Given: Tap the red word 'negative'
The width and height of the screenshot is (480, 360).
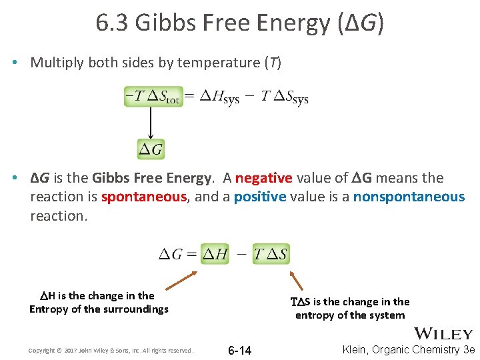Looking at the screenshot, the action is point(263,178).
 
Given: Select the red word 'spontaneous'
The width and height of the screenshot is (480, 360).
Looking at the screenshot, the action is point(143,197).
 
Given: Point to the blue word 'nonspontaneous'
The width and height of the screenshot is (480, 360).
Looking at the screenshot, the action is point(409,197).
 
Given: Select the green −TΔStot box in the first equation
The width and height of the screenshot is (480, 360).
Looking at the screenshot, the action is point(152,97).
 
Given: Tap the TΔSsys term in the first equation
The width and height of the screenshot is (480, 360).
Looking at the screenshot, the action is point(285,97).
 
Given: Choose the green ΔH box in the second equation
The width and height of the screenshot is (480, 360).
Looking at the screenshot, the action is point(215,254).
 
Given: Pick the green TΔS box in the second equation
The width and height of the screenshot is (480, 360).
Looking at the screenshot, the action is point(271,254).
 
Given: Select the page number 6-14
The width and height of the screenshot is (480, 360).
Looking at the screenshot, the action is point(239,351).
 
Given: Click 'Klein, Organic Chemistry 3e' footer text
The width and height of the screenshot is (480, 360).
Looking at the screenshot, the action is point(409,350).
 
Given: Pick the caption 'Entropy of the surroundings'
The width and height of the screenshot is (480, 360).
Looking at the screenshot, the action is point(99,309).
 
